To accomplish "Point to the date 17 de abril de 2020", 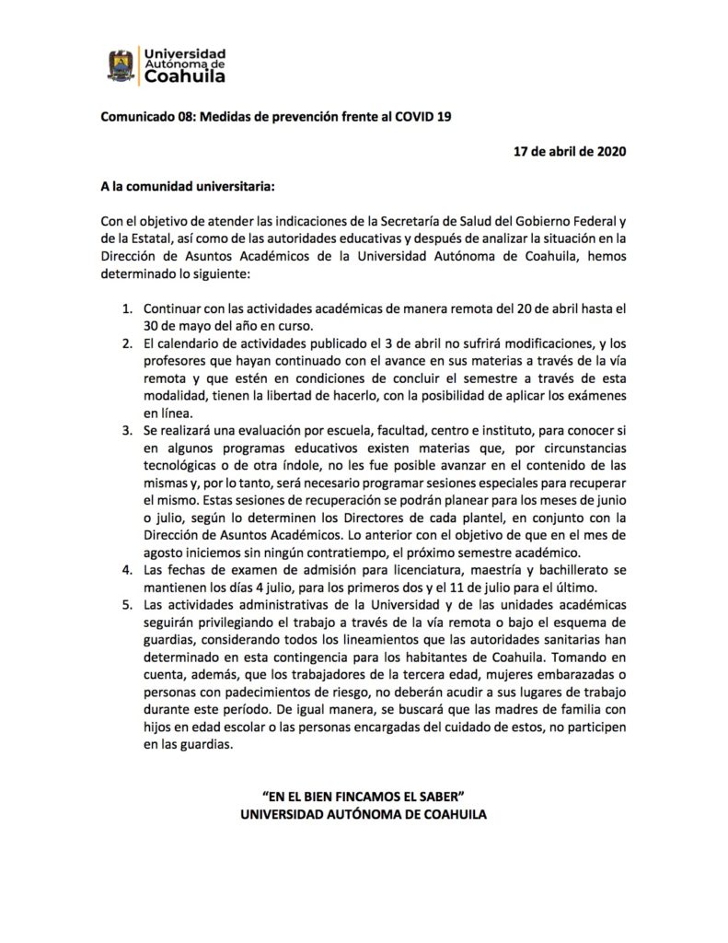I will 569,152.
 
